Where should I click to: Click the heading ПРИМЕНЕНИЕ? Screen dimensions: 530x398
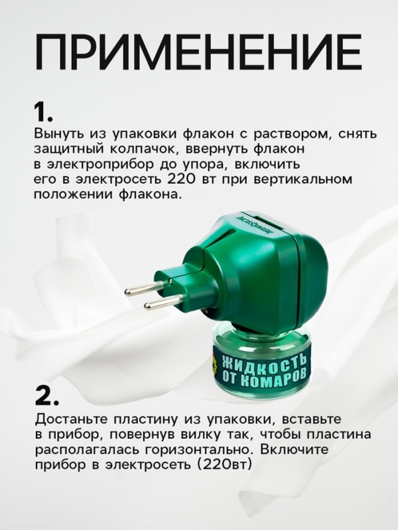199,49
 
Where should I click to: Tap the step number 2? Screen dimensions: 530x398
47,397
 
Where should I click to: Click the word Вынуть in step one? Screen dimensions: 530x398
55,131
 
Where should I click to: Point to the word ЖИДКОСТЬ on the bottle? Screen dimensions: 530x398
264,363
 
